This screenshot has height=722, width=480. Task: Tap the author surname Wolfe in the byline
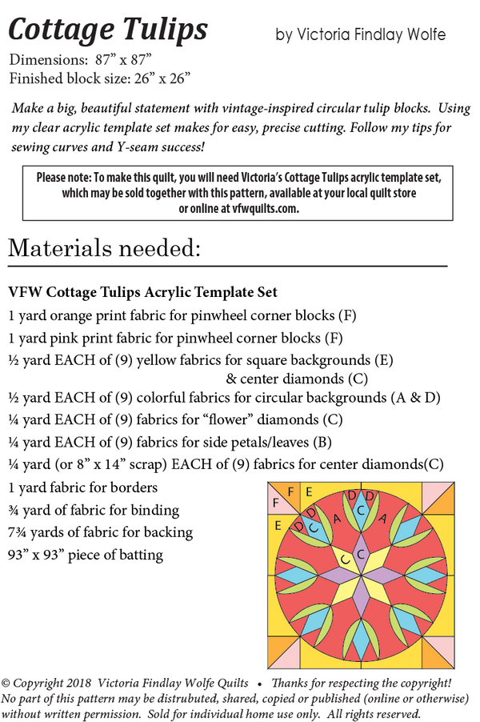click(424, 35)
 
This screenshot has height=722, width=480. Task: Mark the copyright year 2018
click(79, 684)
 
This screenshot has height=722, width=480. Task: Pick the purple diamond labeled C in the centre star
click(361, 553)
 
